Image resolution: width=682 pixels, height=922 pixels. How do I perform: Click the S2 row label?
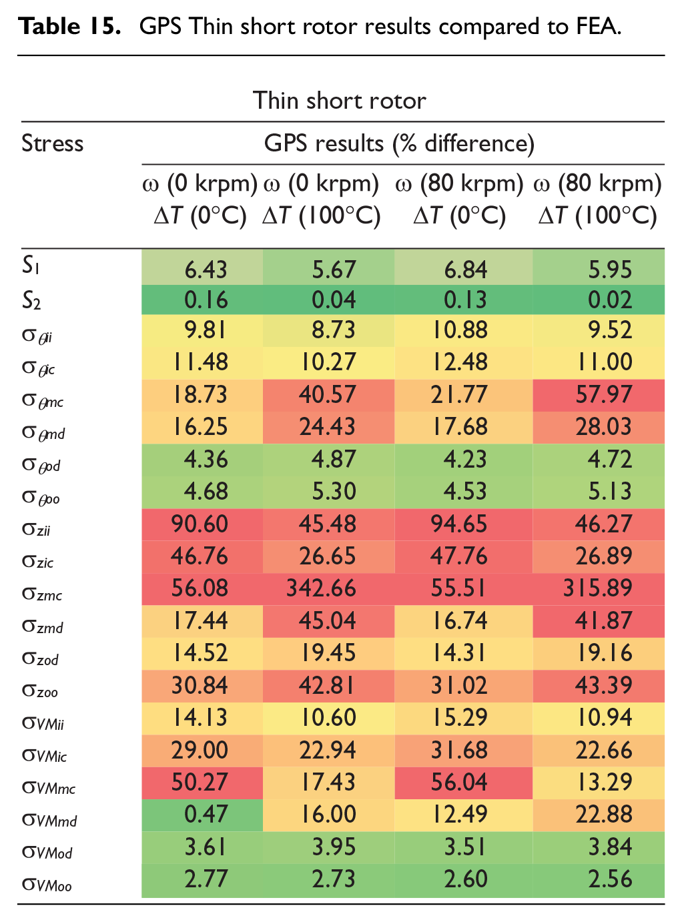[x=31, y=300]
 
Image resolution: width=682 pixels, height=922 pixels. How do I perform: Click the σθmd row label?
[x=43, y=433]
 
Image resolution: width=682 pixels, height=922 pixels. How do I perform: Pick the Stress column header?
[x=53, y=143]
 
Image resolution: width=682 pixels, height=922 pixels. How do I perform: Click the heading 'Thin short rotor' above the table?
[x=340, y=101]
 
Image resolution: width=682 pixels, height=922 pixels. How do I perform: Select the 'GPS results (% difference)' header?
[x=399, y=144]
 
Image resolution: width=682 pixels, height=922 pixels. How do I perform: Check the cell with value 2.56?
[x=610, y=879]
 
